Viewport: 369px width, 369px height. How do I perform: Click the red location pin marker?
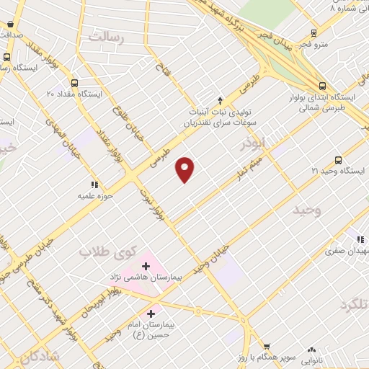[x=185, y=169]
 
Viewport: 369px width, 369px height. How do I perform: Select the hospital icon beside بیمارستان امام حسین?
[x=151, y=314]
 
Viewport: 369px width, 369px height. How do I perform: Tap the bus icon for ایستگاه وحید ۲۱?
[x=339, y=160]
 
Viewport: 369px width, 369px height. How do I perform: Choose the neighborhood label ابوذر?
[x=244, y=144]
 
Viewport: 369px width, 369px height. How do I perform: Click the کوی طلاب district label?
[x=103, y=252]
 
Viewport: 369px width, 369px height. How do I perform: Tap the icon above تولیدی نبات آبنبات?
[x=221, y=100]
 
